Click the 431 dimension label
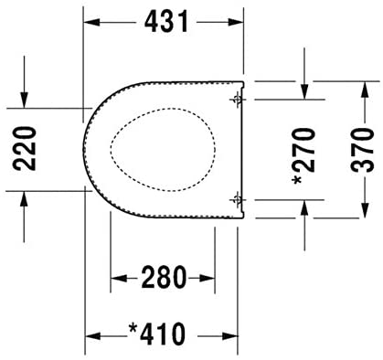[x=166, y=22]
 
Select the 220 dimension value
[x=25, y=148]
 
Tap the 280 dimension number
[x=164, y=277]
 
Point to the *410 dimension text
[x=157, y=334]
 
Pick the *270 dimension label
[x=303, y=156]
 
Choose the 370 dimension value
[x=362, y=150]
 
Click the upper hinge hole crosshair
[x=237, y=100]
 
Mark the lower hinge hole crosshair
[x=237, y=200]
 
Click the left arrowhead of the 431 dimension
[x=91, y=22]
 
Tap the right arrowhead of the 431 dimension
[x=236, y=22]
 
